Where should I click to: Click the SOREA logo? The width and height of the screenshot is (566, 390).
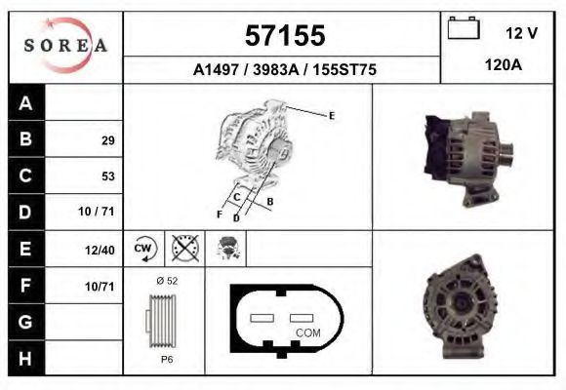point(66,46)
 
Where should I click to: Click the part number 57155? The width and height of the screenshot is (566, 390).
point(283,36)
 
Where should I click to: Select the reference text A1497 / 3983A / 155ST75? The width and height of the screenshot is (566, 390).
point(283,70)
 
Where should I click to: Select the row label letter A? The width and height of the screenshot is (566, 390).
point(26,103)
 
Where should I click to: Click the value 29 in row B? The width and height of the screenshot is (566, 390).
point(107,140)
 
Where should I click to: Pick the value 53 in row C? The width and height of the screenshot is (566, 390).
point(107,176)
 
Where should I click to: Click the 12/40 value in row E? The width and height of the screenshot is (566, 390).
point(101,250)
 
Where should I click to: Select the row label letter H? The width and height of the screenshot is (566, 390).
point(26,358)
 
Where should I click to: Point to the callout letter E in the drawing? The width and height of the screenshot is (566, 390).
point(332,116)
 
